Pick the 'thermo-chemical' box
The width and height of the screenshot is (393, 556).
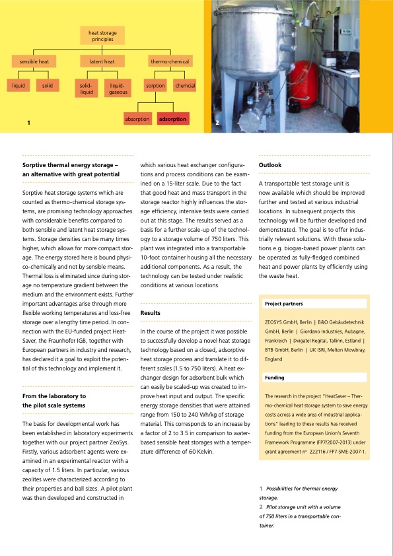click(x=170, y=62)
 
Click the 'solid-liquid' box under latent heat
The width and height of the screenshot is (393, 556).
click(x=86, y=88)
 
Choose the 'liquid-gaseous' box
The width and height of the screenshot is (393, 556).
click(x=118, y=88)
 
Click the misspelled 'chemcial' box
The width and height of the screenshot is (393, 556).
click(x=185, y=86)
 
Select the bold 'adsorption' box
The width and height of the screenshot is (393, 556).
click(x=172, y=119)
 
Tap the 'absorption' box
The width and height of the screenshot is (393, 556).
click(x=138, y=119)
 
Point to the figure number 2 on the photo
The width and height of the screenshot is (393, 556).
click(x=217, y=123)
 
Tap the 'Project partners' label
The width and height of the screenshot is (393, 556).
click(x=283, y=304)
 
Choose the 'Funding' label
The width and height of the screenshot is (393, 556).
click(x=274, y=378)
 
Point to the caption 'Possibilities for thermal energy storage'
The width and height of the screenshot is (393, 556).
click(x=301, y=488)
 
